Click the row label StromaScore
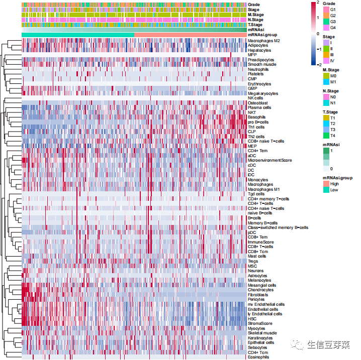[x=259, y=323]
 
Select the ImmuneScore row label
[x=259, y=242]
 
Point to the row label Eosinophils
[x=258, y=357]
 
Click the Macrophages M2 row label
[x=264, y=41]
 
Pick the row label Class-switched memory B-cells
[x=278, y=227]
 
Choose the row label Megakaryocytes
[x=262, y=93]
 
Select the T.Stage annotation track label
[x=255, y=25]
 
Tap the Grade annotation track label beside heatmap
[x=253, y=5]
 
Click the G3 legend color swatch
[x=326, y=22]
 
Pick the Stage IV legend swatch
[x=326, y=60]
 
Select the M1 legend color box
[x=326, y=81]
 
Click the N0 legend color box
[x=326, y=97]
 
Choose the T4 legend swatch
[x=326, y=135]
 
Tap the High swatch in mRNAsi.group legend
[x=326, y=184]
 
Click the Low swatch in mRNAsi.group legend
[x=326, y=190]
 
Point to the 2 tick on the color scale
[x=317, y=3]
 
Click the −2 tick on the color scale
[x=318, y=65]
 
